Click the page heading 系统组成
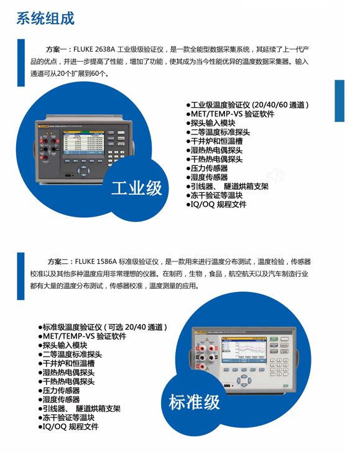(x=45, y=19)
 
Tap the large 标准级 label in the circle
(x=195, y=401)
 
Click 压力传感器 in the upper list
(x=209, y=168)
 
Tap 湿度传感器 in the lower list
(x=60, y=400)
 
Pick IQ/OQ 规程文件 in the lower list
(x=68, y=427)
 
